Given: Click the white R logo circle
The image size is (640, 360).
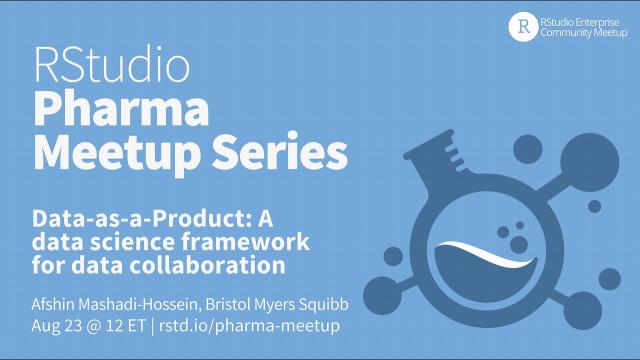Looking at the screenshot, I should point(523,27).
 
